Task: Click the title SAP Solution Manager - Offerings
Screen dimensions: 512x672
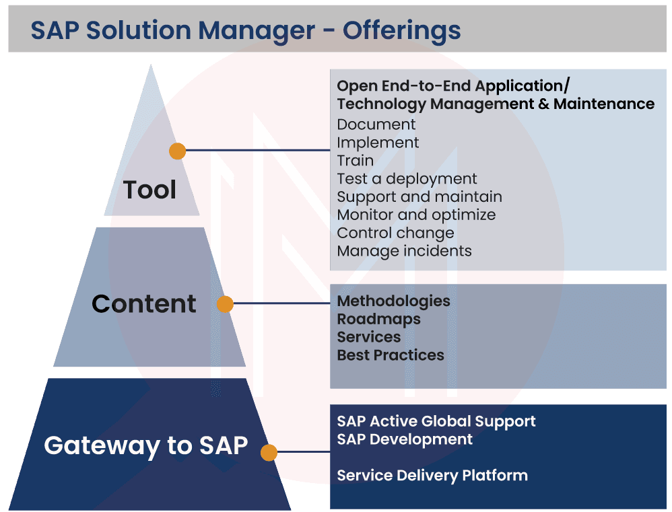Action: tap(245, 31)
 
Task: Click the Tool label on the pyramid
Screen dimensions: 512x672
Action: tap(149, 190)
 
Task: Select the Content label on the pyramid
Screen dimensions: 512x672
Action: tap(144, 304)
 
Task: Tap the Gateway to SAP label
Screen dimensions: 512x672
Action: tap(146, 445)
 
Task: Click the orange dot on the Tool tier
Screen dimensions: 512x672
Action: tap(178, 151)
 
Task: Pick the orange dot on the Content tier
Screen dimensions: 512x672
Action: tap(225, 304)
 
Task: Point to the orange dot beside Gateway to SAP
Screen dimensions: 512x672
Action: tap(269, 452)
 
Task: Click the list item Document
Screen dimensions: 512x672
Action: tap(376, 124)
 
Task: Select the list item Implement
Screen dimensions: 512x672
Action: tap(378, 143)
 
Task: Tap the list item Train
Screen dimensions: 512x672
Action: tap(356, 161)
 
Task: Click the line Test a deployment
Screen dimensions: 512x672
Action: tap(407, 179)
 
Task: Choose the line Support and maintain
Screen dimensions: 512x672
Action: tap(419, 197)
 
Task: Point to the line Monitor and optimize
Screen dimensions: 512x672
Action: tap(416, 215)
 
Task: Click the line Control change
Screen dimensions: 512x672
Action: tap(395, 233)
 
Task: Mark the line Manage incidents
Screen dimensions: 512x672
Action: tap(404, 251)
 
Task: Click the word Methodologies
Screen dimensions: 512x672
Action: tap(393, 301)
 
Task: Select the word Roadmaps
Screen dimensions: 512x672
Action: tap(378, 319)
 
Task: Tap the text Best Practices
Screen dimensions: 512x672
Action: tap(391, 355)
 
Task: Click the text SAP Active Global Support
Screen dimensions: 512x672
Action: tap(436, 421)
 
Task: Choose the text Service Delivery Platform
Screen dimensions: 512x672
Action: tap(432, 476)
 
